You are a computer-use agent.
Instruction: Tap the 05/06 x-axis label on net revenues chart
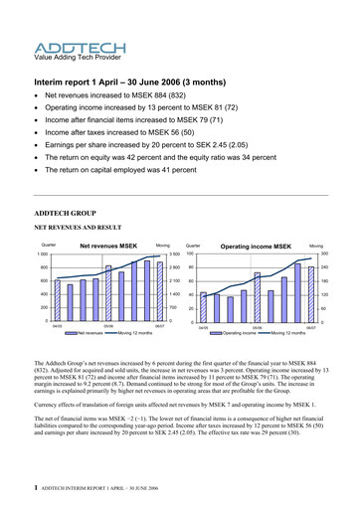[107, 325]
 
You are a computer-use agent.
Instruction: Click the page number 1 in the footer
[37, 488]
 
